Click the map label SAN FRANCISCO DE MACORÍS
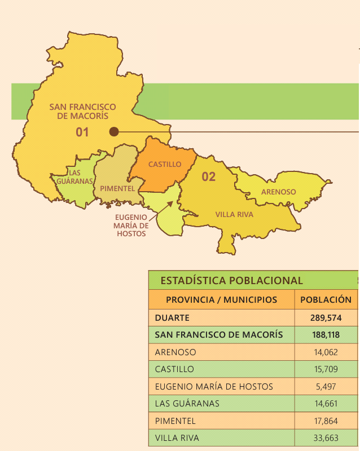click(82, 111)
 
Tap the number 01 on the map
click(83, 132)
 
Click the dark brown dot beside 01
click(114, 132)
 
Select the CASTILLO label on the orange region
click(165, 164)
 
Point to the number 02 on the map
click(209, 177)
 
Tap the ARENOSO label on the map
click(278, 192)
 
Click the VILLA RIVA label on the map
click(234, 215)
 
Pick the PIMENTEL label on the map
click(117, 188)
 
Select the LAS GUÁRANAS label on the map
click(74, 177)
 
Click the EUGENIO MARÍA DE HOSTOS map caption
click(131, 225)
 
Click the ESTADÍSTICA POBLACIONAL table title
click(231, 280)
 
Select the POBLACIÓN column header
click(326, 300)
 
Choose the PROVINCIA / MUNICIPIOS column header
click(221, 300)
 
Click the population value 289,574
click(327, 317)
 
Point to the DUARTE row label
click(172, 317)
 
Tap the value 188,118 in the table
click(327, 335)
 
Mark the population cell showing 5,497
click(327, 386)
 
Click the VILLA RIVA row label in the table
click(177, 437)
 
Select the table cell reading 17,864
click(327, 421)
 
